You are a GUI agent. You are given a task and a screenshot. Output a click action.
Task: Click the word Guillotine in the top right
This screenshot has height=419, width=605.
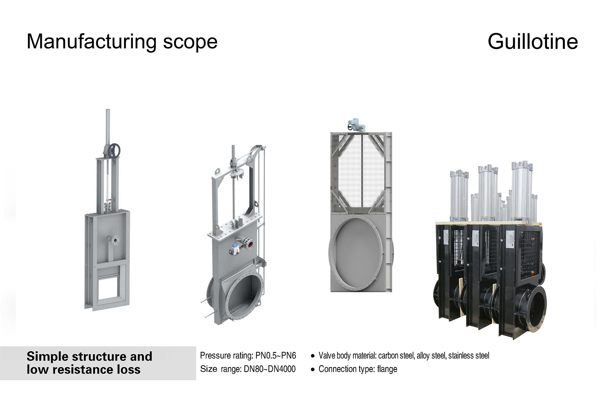(532, 42)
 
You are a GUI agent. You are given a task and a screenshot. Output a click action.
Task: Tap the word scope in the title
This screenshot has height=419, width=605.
(190, 42)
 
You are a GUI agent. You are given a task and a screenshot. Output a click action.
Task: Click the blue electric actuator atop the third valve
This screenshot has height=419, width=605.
(357, 124)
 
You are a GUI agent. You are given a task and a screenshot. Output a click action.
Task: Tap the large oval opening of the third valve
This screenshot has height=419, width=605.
(356, 253)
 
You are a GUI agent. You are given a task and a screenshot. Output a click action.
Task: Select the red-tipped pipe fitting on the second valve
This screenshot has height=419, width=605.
(250, 244)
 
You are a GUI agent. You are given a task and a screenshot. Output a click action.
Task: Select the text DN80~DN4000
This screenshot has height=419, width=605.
(269, 369)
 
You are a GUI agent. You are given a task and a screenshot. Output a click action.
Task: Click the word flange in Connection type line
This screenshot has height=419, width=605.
(387, 369)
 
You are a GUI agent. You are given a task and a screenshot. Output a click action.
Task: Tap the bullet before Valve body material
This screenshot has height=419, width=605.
(313, 356)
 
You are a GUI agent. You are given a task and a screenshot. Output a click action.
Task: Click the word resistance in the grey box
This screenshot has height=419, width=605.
(83, 369)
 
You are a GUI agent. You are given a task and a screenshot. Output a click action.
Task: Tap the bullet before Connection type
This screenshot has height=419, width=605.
(313, 369)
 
